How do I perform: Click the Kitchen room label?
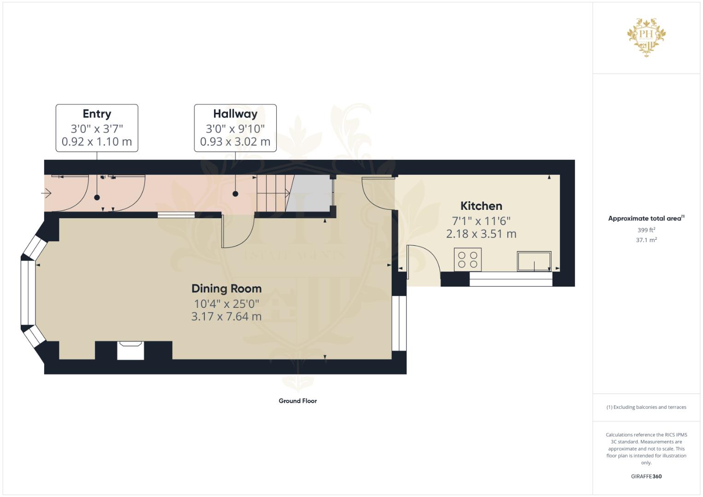[x=481, y=206]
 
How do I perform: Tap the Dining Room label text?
[x=226, y=289]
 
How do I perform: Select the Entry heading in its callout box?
[x=97, y=114]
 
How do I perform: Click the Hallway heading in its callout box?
[x=235, y=114]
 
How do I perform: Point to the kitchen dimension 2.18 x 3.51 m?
[x=481, y=234]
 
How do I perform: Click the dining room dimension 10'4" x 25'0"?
[x=226, y=304]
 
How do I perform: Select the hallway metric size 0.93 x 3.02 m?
[x=235, y=141]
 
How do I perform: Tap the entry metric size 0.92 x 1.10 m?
[x=97, y=141]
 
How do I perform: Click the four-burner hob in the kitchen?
[x=468, y=260]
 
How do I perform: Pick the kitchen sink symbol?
[x=534, y=261]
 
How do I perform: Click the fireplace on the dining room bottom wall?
[x=131, y=350]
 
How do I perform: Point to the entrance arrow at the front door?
[x=46, y=194]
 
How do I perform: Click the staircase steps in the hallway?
[x=271, y=193]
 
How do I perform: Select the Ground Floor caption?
[x=297, y=401]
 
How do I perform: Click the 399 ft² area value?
[x=646, y=230]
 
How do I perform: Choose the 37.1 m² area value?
[x=646, y=240]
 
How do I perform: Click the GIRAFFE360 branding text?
[x=646, y=476]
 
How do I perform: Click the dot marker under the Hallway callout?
[x=235, y=194]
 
